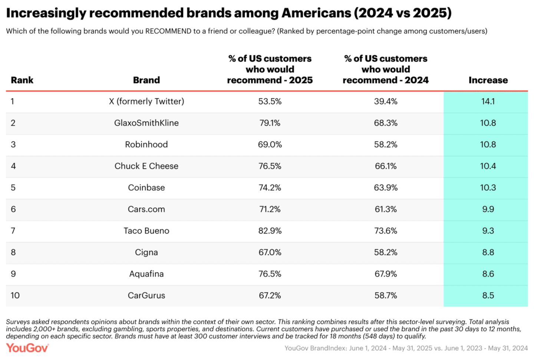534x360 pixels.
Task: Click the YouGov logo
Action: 27,348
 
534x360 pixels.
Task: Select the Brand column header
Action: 146,80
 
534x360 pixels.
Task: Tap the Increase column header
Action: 488,80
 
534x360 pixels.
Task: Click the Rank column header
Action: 22,80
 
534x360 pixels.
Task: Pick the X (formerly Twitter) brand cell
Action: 146,101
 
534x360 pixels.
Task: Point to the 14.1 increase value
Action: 488,101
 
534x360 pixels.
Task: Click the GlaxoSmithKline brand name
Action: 146,123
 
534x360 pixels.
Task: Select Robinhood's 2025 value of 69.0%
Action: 270,144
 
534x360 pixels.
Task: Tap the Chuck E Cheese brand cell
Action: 146,166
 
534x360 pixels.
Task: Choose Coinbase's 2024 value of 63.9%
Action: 386,187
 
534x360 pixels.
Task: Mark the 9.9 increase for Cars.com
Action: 488,209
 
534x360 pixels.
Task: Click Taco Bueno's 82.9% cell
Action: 270,230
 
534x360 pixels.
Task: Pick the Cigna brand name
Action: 146,252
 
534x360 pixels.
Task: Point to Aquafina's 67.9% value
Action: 386,274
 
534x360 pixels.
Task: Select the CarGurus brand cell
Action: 146,295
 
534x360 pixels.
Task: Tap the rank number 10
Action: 15,295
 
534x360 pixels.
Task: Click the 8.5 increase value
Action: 488,295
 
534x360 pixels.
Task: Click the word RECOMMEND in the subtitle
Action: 168,31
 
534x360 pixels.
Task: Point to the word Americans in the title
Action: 316,13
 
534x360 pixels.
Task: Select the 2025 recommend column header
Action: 270,69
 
